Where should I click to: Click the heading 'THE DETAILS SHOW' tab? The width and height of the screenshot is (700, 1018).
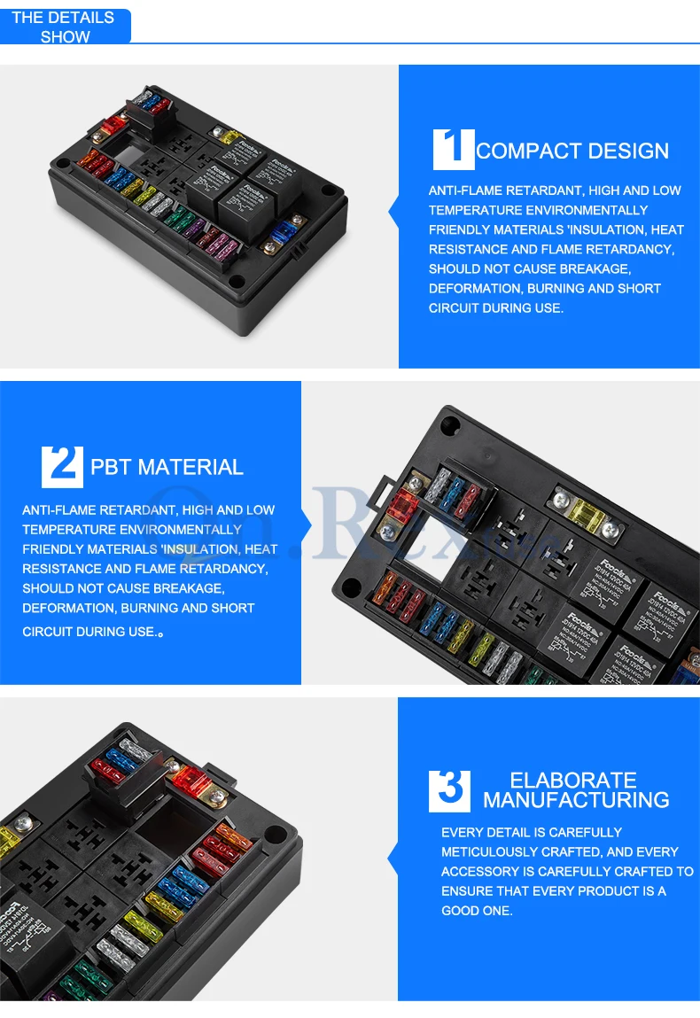pos(65,27)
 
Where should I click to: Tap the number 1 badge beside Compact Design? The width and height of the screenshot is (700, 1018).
pos(454,148)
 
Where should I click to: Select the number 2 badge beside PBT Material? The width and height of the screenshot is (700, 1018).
pos(62,466)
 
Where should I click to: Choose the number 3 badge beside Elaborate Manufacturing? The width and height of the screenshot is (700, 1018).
pos(449,790)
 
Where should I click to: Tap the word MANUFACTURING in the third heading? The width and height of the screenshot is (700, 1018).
pos(576,800)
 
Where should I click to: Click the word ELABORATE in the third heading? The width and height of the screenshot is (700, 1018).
pos(573,780)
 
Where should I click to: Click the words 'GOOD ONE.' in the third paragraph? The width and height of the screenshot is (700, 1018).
pos(477,911)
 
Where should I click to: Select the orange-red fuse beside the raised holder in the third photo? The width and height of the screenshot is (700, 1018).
pos(189,781)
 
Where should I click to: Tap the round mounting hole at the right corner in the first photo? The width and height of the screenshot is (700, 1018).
pos(331,189)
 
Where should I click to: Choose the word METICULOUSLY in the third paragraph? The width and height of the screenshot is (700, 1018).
pos(490,852)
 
